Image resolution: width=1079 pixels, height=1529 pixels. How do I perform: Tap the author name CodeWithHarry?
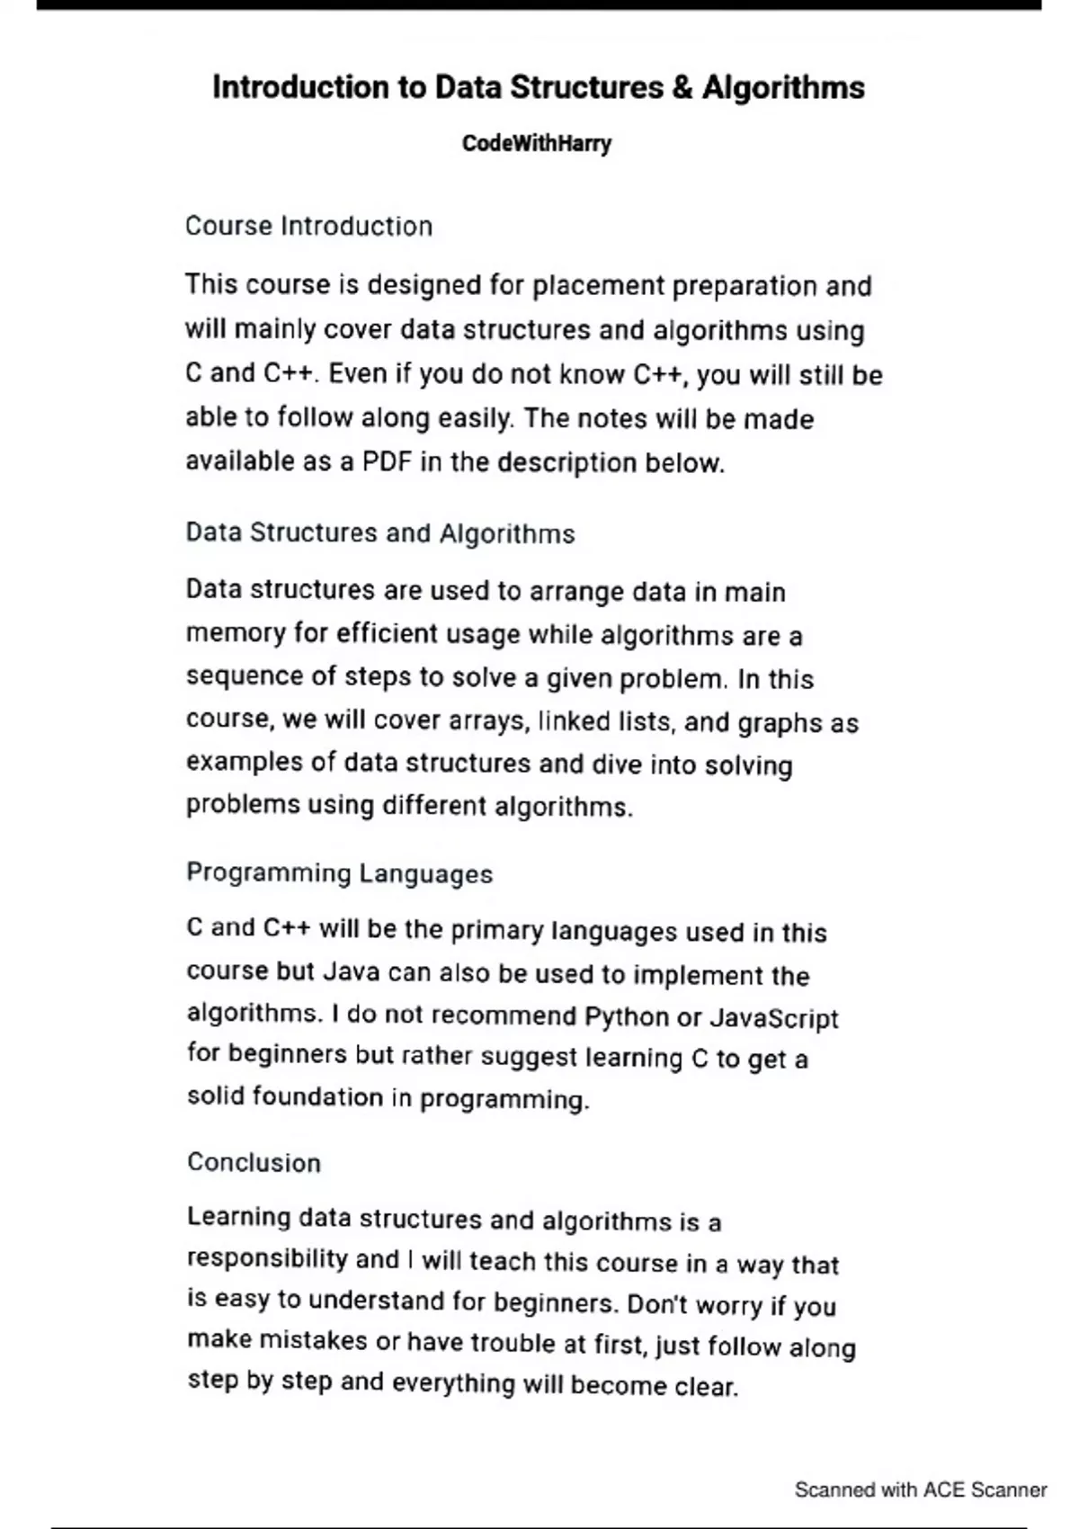tap(537, 144)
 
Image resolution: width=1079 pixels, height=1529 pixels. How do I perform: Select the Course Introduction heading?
tap(308, 226)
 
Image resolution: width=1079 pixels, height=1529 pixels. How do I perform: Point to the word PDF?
tap(387, 462)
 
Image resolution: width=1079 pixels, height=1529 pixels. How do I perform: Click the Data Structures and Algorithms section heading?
tap(379, 533)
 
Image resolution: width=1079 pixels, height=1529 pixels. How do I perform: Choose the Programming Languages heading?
tap(339, 873)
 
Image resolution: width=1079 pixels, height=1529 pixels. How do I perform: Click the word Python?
tap(627, 1017)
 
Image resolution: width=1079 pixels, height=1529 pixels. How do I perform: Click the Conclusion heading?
tap(254, 1163)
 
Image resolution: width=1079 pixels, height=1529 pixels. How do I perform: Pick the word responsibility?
tap(267, 1259)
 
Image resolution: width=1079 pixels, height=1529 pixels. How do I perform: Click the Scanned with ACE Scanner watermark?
tap(920, 1490)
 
